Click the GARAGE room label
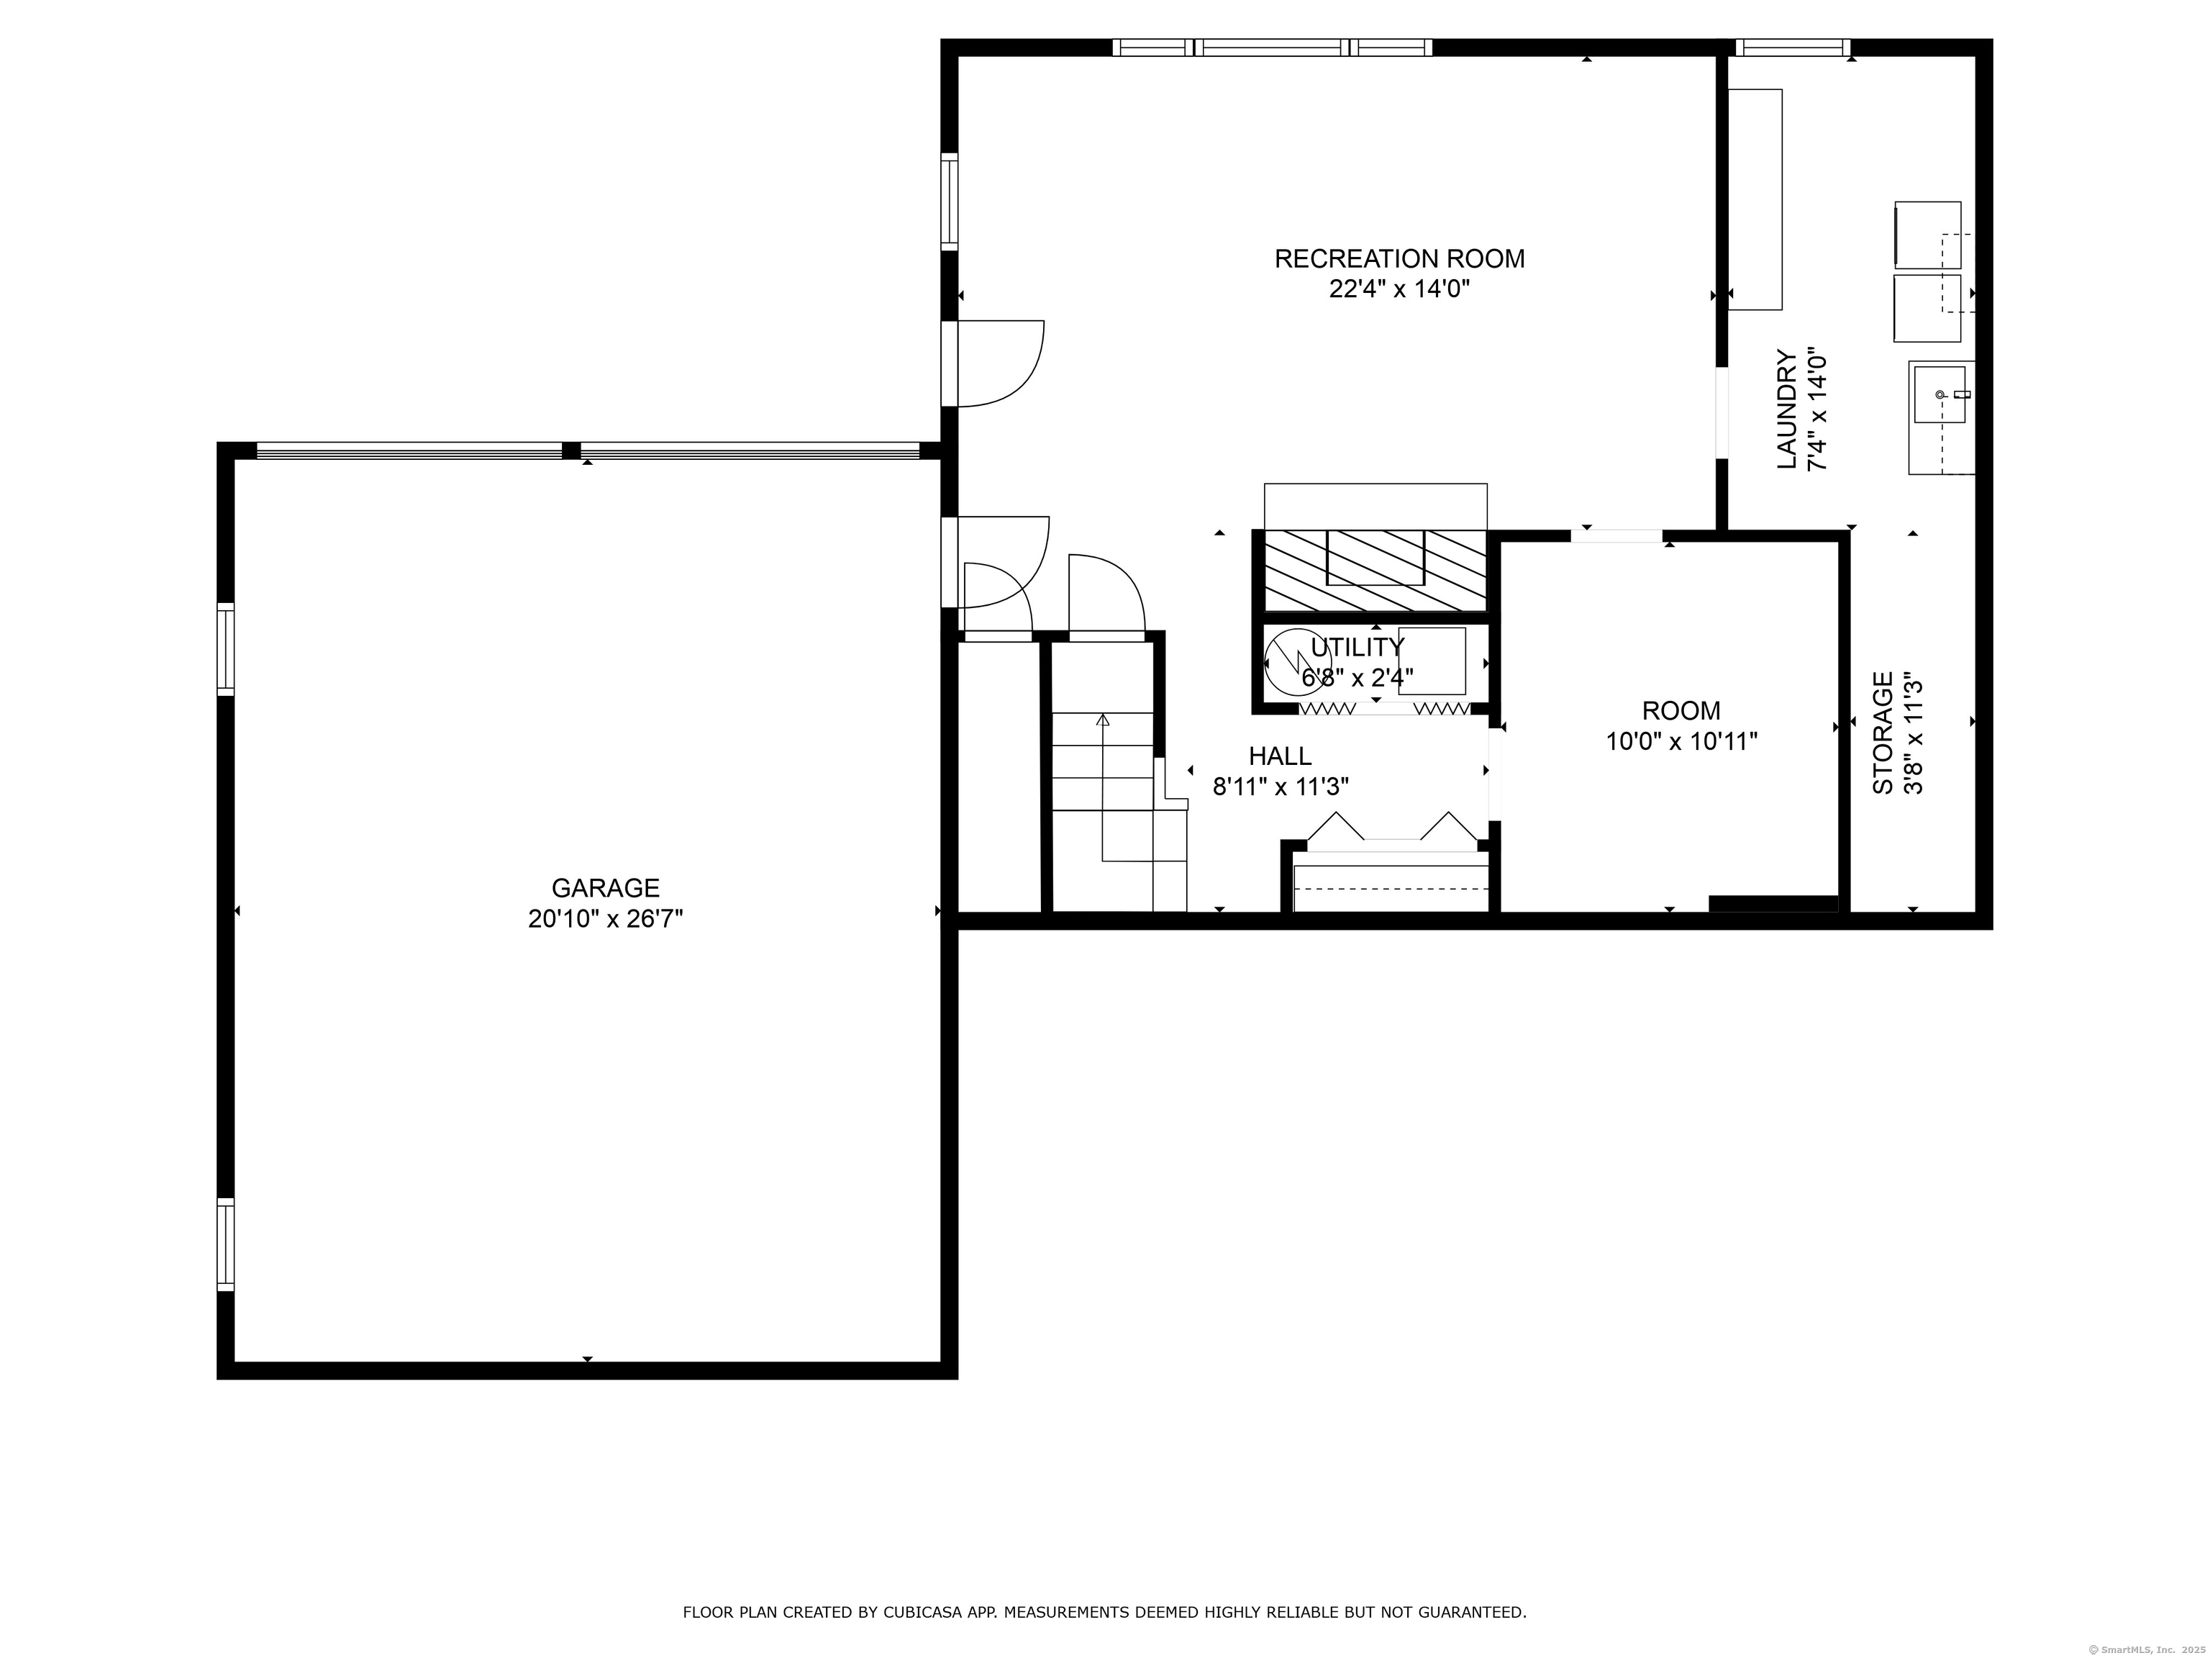(606, 887)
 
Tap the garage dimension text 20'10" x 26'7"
(606, 918)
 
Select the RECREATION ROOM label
(1399, 259)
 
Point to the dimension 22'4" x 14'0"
(1399, 289)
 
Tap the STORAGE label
(1882, 733)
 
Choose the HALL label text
(1280, 756)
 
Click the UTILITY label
(1357, 647)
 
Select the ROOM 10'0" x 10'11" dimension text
(1681, 741)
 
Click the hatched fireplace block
(1375, 570)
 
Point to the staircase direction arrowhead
(1103, 720)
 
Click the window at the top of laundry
(1792, 47)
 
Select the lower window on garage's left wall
(226, 1244)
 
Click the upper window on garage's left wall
(226, 648)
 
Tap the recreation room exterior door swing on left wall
(999, 364)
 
